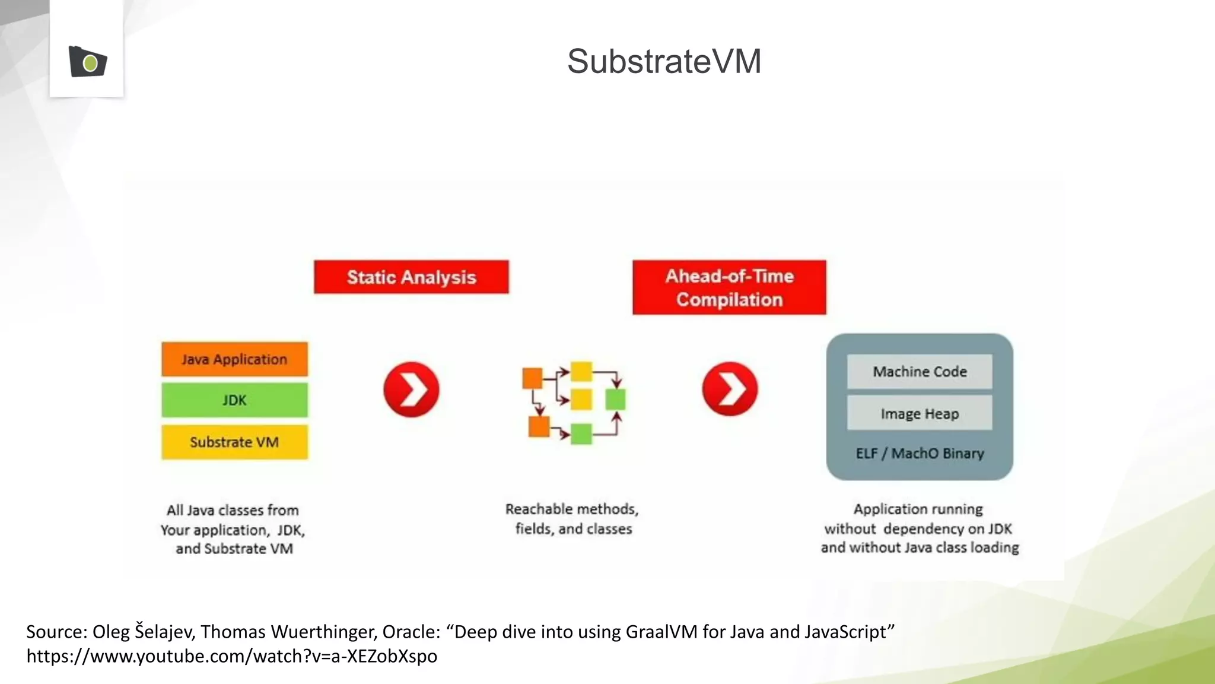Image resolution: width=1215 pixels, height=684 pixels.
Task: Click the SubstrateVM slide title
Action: tap(664, 61)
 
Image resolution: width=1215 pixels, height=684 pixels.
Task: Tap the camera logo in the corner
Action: tap(88, 61)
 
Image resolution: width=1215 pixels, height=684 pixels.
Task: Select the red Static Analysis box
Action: tap(411, 277)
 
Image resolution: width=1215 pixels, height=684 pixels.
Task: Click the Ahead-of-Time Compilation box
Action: tap(729, 287)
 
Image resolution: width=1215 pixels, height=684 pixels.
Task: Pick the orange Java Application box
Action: tap(234, 359)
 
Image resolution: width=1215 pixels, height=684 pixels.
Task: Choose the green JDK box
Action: tap(234, 400)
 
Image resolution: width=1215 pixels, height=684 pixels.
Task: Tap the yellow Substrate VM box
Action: tap(234, 442)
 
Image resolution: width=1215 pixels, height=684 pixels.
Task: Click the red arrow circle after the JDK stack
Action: tap(411, 389)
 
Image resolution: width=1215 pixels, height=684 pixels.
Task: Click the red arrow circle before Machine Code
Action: tap(730, 389)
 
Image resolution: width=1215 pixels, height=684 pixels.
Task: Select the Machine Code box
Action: tap(920, 372)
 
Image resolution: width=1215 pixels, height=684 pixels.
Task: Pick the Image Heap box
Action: tap(920, 414)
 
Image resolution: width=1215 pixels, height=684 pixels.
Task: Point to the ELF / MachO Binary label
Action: tap(920, 454)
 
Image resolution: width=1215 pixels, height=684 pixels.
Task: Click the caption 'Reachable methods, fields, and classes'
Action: tap(572, 519)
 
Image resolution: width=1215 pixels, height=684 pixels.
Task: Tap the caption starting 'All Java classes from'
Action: tap(233, 529)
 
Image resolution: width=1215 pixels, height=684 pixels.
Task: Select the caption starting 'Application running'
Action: tap(920, 528)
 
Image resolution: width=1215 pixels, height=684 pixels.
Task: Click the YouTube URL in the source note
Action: tap(231, 656)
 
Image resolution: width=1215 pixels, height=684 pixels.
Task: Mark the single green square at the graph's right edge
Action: tap(615, 400)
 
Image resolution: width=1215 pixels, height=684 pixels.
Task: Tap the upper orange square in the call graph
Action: tap(532, 378)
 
